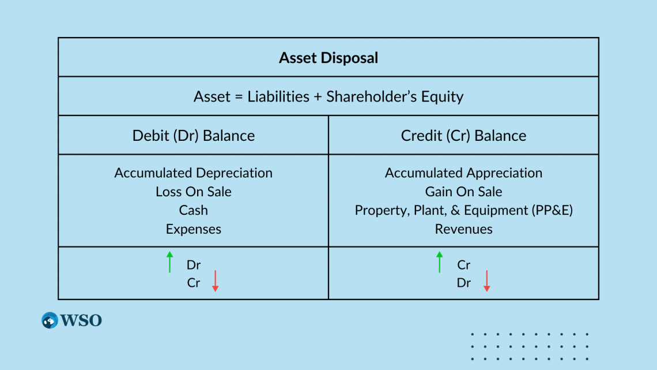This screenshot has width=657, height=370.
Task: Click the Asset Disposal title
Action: [x=328, y=58]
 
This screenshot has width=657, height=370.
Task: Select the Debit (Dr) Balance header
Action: [x=194, y=136]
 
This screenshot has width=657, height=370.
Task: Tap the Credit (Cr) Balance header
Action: [x=463, y=136]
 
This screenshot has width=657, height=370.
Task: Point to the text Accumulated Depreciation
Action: [x=194, y=173]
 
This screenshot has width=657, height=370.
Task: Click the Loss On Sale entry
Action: [x=194, y=192]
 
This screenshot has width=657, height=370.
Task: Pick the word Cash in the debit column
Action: [x=194, y=210]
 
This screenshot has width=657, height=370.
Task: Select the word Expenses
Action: [x=194, y=229]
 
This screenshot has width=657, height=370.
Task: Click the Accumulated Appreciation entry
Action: [x=463, y=173]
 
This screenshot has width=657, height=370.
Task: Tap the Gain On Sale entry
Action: [x=463, y=192]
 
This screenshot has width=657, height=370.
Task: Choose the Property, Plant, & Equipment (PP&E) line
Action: [x=463, y=210]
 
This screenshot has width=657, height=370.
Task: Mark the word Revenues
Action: [x=463, y=229]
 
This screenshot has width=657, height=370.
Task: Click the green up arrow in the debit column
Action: [x=169, y=262]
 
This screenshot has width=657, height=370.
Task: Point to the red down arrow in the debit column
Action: [x=215, y=281]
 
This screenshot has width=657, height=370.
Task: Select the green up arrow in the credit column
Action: [x=440, y=262]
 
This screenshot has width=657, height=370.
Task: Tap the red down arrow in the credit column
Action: [x=486, y=281]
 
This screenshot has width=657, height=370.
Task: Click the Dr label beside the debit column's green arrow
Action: [x=194, y=265]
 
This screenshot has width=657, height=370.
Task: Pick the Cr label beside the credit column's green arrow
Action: [x=463, y=265]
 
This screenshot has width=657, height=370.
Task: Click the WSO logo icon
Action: [x=50, y=320]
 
